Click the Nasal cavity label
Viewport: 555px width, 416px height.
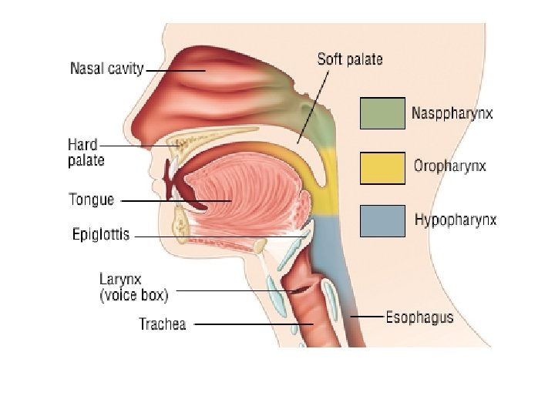pos(106,69)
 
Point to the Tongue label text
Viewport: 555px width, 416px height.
pos(92,200)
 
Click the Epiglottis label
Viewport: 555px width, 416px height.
pos(100,234)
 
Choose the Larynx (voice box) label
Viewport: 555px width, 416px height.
pos(133,287)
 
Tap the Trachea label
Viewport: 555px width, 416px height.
pos(162,324)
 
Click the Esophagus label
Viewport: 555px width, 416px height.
pos(419,317)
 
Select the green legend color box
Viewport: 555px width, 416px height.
pos(382,112)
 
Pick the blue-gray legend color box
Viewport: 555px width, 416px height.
pos(382,220)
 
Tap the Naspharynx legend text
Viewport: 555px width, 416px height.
pos(452,114)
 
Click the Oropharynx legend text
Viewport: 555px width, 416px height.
pos(450,166)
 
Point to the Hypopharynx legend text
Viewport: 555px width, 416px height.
pos(455,220)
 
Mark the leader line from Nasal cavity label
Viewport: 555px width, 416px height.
pos(176,70)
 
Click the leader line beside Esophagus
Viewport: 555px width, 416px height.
pos(367,317)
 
